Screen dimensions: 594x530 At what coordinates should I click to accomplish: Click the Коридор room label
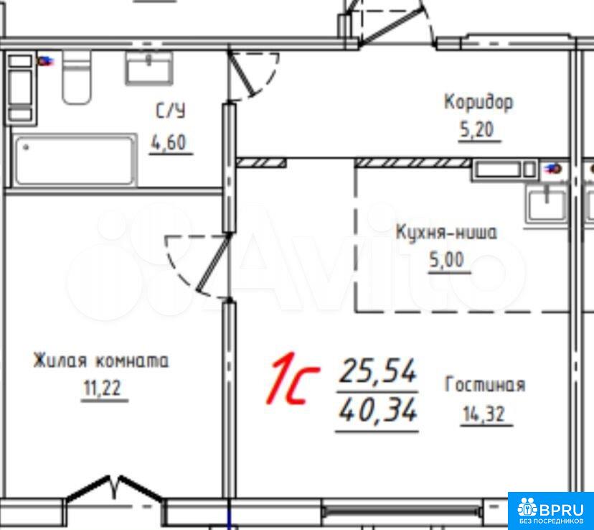478,103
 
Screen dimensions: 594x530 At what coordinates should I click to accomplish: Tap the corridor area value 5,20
477,130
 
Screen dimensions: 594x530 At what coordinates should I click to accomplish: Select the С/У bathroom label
171,111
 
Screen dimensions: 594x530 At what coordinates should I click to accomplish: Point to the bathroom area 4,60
169,143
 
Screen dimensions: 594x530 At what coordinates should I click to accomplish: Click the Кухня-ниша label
446,232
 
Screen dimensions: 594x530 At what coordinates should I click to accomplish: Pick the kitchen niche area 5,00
446,260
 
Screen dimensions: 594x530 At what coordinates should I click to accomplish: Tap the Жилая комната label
100,361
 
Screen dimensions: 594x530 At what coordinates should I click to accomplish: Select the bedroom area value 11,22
102,389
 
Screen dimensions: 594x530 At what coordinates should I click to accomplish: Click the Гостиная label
485,385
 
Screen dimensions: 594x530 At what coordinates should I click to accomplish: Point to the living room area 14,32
484,414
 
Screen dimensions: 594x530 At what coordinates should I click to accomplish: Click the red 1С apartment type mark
293,378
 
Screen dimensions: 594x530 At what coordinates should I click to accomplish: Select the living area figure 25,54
377,371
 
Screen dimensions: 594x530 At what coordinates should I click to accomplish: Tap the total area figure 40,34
377,412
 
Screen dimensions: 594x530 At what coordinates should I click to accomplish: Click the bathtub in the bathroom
75,160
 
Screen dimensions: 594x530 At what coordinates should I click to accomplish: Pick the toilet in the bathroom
77,77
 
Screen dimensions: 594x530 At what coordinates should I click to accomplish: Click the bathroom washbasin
149,68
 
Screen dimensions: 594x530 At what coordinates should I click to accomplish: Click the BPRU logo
550,511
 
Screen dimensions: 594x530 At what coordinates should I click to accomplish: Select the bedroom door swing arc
178,269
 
